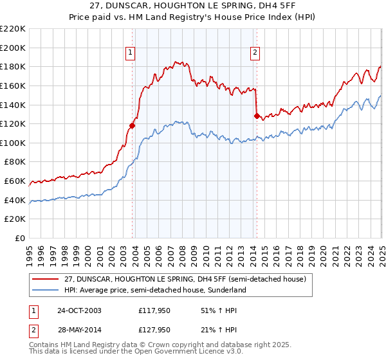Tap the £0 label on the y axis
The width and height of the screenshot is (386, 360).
coord(19,239)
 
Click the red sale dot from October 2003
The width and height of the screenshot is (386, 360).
coord(133,126)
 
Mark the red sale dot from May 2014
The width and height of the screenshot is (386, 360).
coord(257,116)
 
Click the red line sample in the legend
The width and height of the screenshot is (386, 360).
coord(46,278)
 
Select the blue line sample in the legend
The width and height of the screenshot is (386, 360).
coord(46,290)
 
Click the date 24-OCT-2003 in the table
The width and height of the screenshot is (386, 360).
coord(79,310)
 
